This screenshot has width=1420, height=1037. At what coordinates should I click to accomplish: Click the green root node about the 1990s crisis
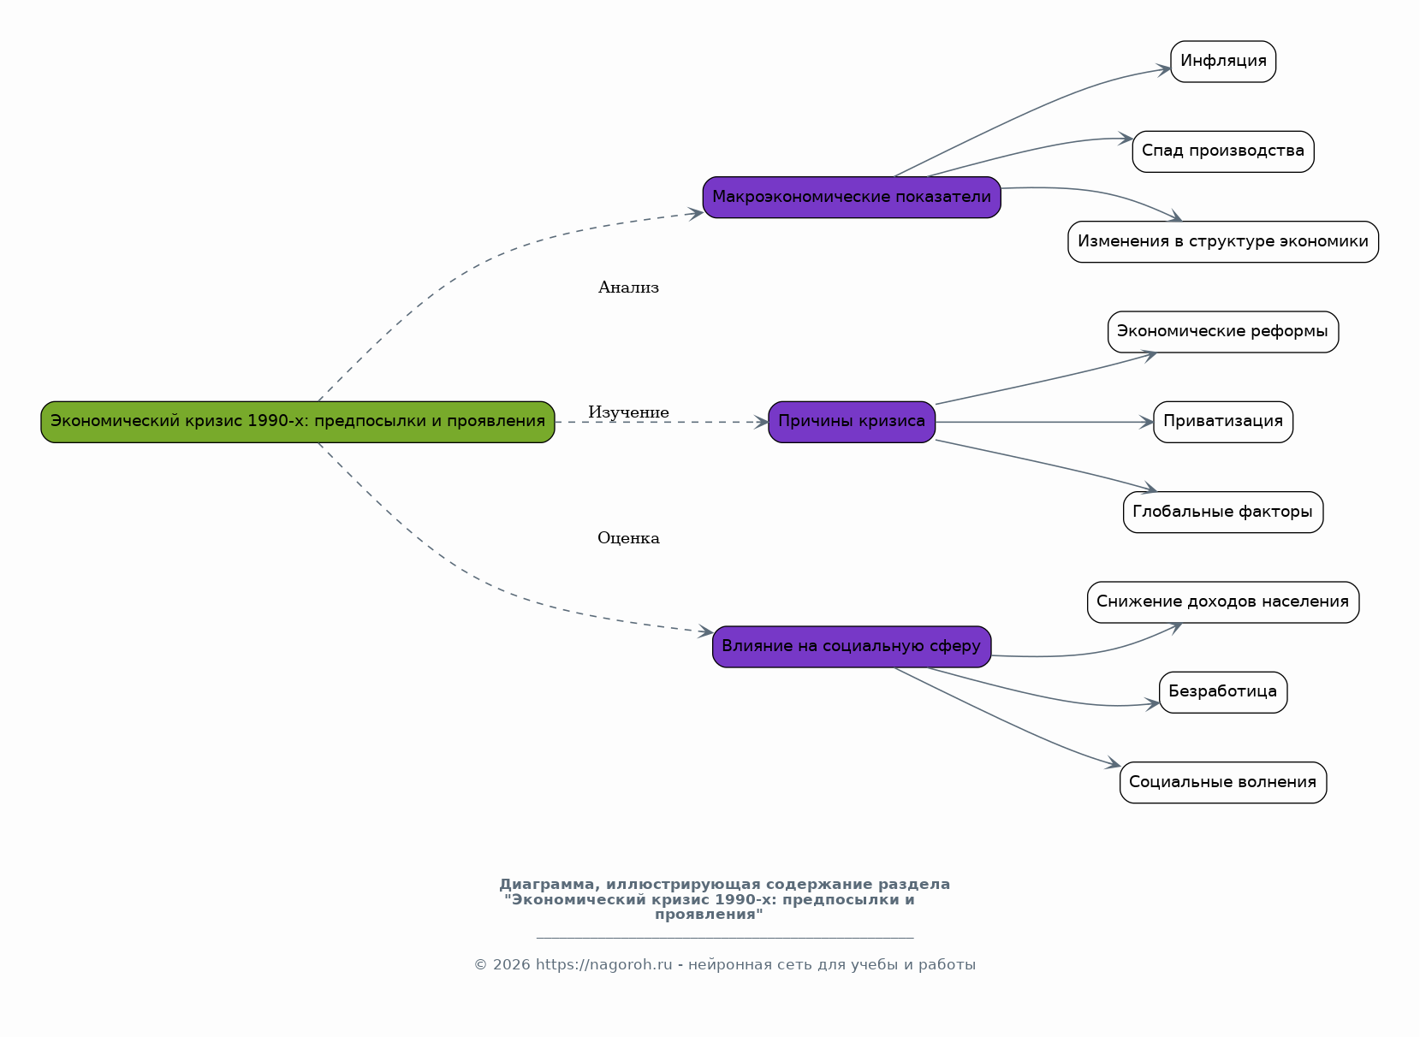coord(297,422)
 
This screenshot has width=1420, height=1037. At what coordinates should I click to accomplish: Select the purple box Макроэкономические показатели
coord(852,197)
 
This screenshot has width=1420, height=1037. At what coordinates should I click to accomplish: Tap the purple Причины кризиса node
coord(852,422)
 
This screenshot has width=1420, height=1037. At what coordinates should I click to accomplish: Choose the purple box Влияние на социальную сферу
coord(852,647)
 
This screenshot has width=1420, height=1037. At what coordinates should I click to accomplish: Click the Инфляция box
coord(1223,62)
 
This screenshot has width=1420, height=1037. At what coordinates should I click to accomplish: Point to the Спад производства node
coord(1223,151)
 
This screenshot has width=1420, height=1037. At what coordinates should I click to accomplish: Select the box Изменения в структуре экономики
coord(1223,241)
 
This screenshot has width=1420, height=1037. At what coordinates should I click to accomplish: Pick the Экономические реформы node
coord(1223,331)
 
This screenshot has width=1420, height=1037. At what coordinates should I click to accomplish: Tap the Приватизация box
coord(1223,422)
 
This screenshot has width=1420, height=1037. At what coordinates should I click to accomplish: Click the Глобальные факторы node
coord(1223,513)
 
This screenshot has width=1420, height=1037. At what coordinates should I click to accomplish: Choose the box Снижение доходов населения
coord(1223,602)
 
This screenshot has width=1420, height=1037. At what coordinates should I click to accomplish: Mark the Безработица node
coord(1223,692)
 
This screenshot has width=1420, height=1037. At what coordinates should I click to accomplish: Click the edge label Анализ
coord(628,287)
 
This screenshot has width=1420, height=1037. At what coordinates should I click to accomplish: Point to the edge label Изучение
coord(628,412)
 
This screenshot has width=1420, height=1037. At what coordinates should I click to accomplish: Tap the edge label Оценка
coord(628,538)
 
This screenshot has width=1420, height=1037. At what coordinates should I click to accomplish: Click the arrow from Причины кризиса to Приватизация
coord(1044,422)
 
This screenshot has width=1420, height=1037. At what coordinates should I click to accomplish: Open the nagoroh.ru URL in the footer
coord(603,965)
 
